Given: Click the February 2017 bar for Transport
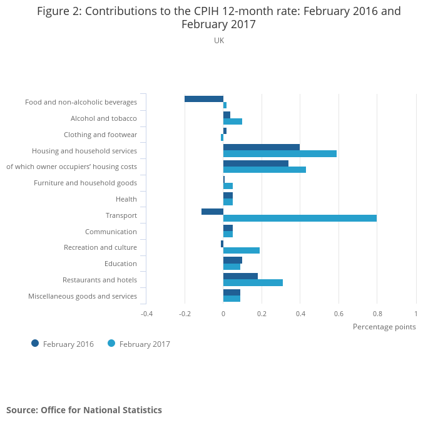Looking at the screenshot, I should click(300, 218).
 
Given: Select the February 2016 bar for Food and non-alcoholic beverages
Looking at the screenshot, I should click(204, 98).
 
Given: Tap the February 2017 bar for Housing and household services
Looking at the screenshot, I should click(280, 153).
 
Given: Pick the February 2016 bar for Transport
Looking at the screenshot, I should click(212, 212).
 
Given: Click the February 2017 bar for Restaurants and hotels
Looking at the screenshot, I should click(253, 282).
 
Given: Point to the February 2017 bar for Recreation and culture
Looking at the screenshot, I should click(242, 250).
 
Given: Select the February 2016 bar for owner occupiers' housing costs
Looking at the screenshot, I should click(255, 163).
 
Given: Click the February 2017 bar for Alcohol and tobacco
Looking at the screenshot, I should click(233, 121).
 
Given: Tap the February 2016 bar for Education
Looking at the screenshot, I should click(233, 260).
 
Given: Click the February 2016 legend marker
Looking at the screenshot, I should click(35, 343).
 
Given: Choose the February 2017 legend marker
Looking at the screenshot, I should click(111, 343).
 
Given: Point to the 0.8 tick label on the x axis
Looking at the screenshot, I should click(377, 313).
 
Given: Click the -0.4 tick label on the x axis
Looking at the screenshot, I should click(146, 313).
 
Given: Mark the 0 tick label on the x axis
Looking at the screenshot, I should click(223, 313).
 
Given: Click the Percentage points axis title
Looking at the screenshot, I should click(384, 327).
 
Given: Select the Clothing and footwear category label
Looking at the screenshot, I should click(100, 135).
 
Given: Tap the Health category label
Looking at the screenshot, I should click(126, 199).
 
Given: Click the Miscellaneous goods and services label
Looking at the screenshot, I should click(83, 296).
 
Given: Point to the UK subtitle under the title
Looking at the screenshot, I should click(219, 41).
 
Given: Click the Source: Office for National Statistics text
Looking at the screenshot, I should click(84, 410).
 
